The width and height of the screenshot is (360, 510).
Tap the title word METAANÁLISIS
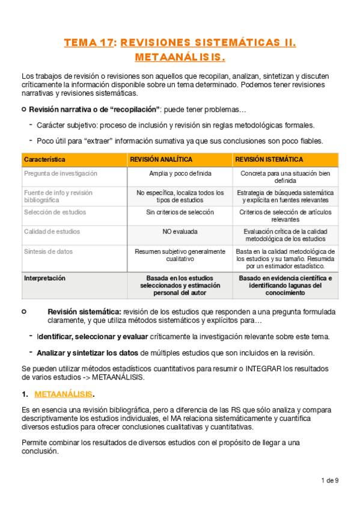[180, 58]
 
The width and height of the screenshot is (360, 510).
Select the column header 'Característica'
[45, 159]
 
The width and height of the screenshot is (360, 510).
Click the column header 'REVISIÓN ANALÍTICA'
[162, 159]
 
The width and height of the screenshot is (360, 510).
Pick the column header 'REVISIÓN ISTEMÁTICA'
[269, 159]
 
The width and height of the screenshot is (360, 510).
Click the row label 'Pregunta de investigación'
[60, 173]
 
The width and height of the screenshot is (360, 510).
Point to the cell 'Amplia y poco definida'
[180, 173]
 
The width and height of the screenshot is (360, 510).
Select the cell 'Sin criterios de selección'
[180, 212]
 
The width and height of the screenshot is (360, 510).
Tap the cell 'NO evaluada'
[180, 232]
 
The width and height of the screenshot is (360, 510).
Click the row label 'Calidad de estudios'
[52, 232]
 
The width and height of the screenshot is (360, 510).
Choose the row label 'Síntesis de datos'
[49, 251]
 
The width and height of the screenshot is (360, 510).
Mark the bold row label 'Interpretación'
[44, 278]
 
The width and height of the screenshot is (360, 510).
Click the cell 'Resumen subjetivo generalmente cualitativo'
[180, 254]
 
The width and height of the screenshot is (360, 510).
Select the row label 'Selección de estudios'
[55, 212]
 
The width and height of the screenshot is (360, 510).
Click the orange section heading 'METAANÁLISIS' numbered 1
[64, 394]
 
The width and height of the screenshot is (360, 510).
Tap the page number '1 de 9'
[330, 480]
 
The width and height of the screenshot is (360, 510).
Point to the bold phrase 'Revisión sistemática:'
[84, 312]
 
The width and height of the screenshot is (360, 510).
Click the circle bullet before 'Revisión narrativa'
[23, 109]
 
